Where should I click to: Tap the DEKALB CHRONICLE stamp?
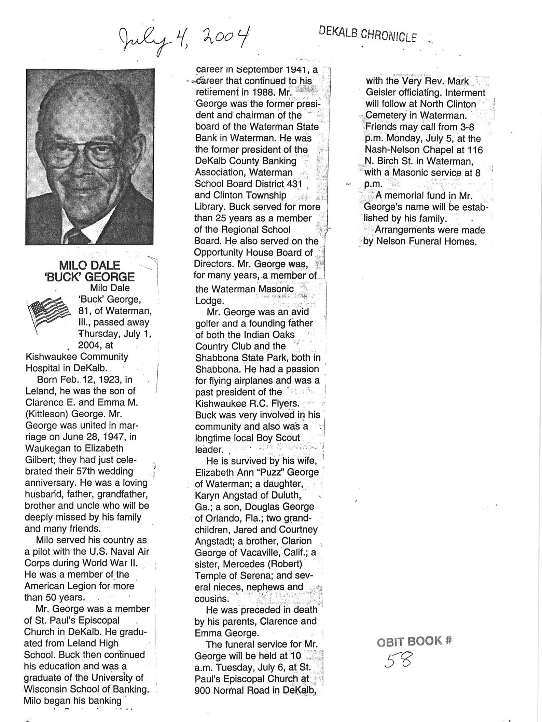[x=367, y=34]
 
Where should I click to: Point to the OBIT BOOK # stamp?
[x=414, y=642]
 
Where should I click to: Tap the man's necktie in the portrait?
[x=76, y=236]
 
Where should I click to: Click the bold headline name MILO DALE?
[x=89, y=265]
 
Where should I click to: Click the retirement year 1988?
[x=264, y=92]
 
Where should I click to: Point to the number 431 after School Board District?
[x=294, y=184]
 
